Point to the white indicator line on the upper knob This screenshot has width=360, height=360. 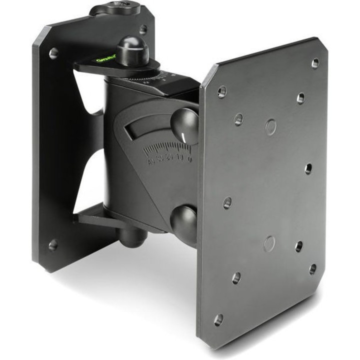[x=186, y=136]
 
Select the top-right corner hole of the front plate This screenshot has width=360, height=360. [x=315, y=62]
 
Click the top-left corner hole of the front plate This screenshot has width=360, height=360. [x=222, y=91]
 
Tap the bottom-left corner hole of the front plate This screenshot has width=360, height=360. [x=218, y=319]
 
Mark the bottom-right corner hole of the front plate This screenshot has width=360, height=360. [x=312, y=269]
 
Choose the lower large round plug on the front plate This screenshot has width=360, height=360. [x=269, y=243]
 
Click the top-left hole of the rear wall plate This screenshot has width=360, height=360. [x=53, y=53]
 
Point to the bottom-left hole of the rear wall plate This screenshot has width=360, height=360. [x=52, y=245]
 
